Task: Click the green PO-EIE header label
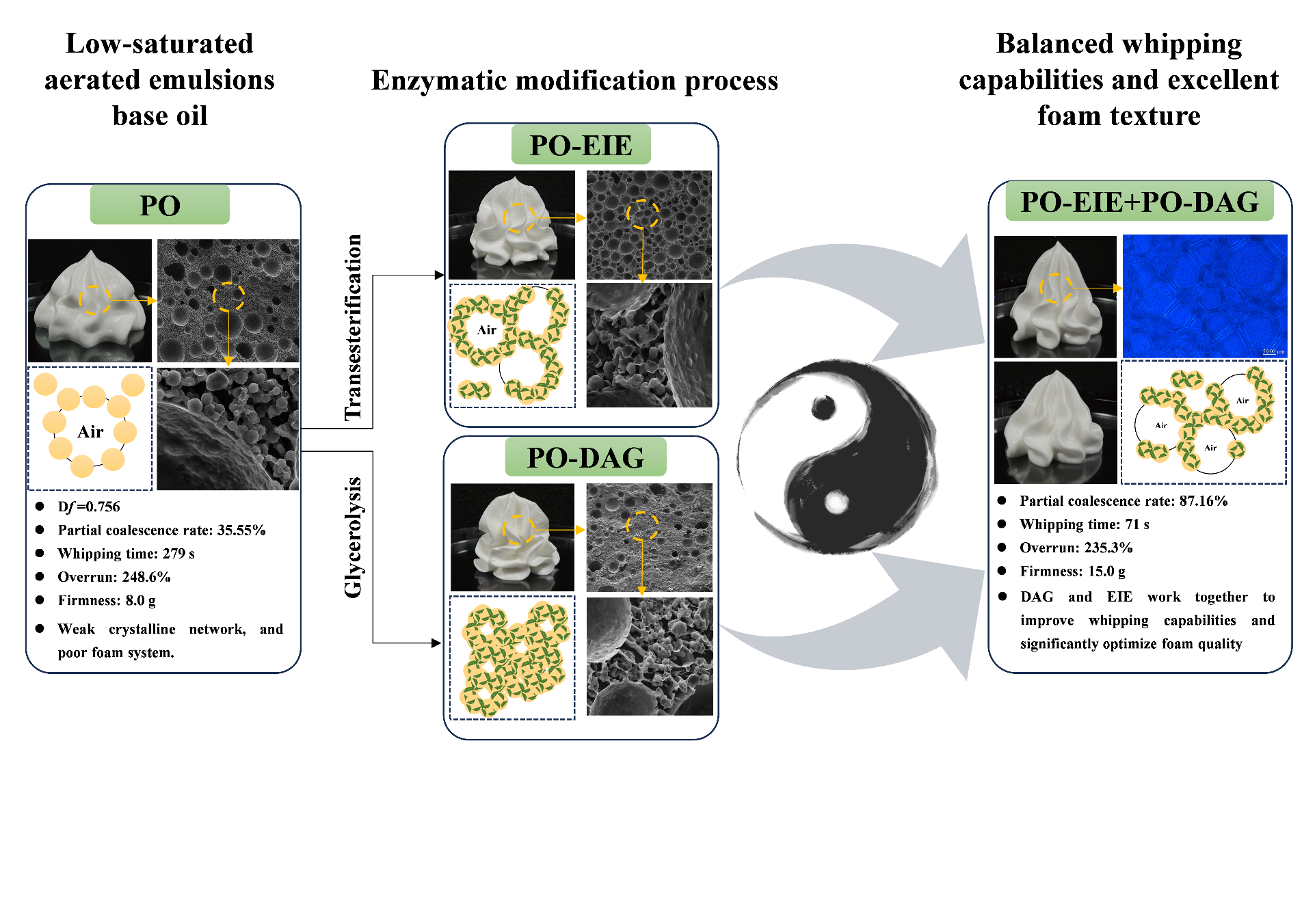pyautogui.click(x=581, y=145)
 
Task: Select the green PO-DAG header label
pyautogui.click(x=585, y=457)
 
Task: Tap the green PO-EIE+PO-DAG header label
pyautogui.click(x=1139, y=202)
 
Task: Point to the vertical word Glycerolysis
pyautogui.click(x=353, y=537)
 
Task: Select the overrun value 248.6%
pyautogui.click(x=146, y=577)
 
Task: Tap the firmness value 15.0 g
pyautogui.click(x=1106, y=571)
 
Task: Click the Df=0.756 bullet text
pyautogui.click(x=89, y=507)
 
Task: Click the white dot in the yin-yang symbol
pyautogui.click(x=836, y=502)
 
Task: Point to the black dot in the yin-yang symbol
pyautogui.click(x=823, y=408)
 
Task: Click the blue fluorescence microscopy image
pyautogui.click(x=1204, y=295)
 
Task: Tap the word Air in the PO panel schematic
pyautogui.click(x=90, y=431)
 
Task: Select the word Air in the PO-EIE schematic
pyautogui.click(x=487, y=330)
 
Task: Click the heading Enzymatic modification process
pyautogui.click(x=574, y=81)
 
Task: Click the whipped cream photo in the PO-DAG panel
pyautogui.click(x=512, y=537)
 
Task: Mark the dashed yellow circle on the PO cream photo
pyautogui.click(x=94, y=300)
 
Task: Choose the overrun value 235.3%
pyautogui.click(x=1108, y=548)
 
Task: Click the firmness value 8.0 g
pyautogui.click(x=141, y=600)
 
